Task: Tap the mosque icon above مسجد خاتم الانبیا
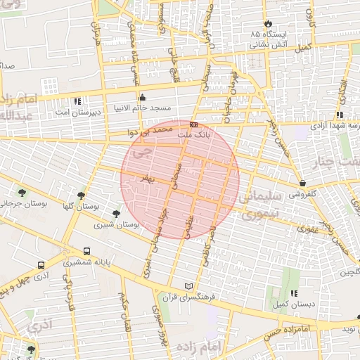coord(143,97)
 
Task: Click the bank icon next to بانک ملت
coord(193,124)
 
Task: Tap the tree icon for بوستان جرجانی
coord(22,193)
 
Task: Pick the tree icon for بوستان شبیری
coord(117,214)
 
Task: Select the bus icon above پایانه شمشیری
coord(86,251)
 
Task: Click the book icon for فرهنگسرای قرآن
coord(187,286)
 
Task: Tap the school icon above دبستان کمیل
coord(293,294)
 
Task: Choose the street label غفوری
coord(307,229)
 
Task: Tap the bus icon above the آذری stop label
coord(41,266)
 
